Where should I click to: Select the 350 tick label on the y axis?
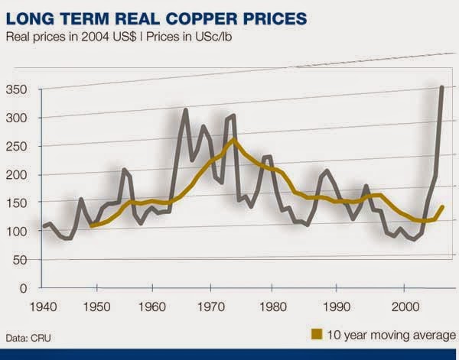[x=16, y=90]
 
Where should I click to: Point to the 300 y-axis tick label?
[x=16, y=118]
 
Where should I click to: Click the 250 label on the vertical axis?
[x=16, y=147]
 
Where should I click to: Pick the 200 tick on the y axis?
[x=16, y=175]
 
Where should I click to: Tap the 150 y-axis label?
[x=16, y=203]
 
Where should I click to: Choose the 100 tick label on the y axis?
[x=16, y=232]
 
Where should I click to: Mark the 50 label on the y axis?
[x=19, y=260]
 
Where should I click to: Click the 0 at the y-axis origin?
[x=23, y=288]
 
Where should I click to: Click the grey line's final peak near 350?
[x=443, y=88]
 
